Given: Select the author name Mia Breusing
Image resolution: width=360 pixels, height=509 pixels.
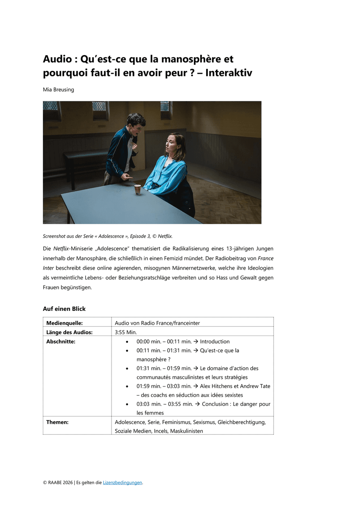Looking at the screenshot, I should click(59, 89).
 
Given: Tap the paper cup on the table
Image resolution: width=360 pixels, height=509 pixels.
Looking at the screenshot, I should click(137, 190).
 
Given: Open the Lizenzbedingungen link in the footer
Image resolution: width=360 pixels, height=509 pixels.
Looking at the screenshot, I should click(123, 482).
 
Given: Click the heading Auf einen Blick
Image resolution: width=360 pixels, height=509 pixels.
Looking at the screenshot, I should click(64, 309).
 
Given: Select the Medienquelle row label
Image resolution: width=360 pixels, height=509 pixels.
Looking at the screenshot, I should click(64, 323).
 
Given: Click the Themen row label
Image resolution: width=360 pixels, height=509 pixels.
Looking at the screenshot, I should click(57, 422).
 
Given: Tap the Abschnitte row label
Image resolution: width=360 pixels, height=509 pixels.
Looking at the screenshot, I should click(61, 341).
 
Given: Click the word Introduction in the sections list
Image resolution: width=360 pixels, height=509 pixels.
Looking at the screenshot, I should click(215, 341).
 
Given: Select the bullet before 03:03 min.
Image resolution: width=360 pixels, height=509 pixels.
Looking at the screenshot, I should click(128, 404).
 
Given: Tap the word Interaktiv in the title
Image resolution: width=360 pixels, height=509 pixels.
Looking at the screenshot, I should click(229, 73).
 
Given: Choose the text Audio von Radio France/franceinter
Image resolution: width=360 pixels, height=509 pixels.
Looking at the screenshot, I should click(157, 323).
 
